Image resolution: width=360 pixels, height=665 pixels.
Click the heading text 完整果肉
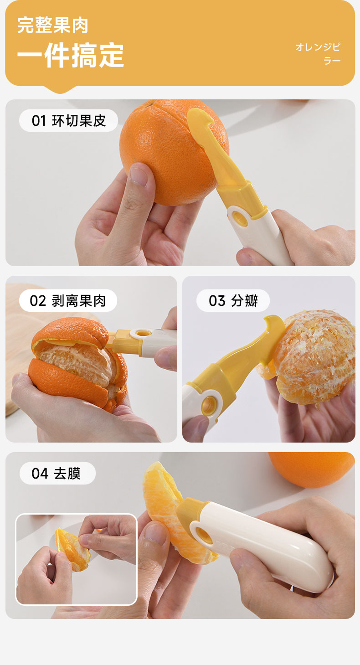point(52,25)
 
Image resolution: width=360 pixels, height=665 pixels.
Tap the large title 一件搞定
point(71,55)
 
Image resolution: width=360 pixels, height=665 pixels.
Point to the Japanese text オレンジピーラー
point(318,54)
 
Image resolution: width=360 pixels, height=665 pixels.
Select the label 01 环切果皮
point(68,120)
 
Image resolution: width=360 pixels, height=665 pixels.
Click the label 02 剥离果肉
point(67,300)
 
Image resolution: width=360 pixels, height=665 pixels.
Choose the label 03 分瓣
point(233,300)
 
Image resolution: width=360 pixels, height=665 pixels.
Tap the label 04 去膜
point(56,473)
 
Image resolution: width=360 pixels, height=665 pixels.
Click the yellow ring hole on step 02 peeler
point(143,333)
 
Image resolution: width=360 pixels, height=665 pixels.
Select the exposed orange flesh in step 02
point(77,362)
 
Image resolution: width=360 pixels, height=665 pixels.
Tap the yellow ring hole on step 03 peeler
point(210,405)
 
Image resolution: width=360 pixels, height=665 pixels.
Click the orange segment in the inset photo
point(72,550)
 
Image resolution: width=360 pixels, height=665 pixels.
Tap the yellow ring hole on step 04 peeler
point(205,536)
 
